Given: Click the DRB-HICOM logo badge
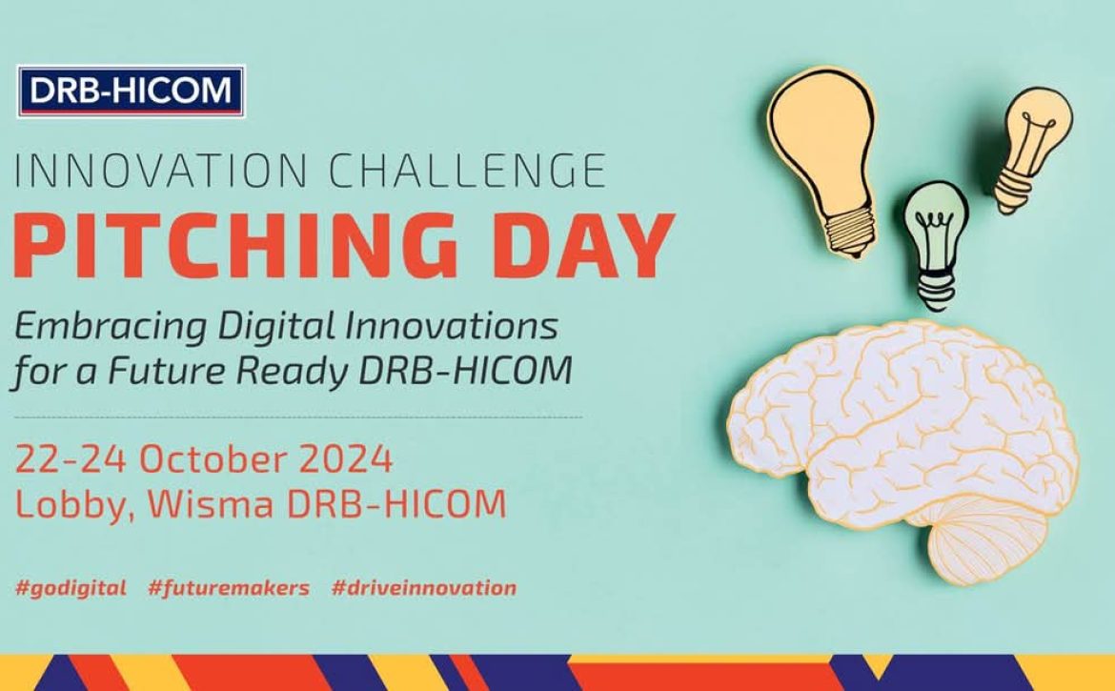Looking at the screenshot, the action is coord(131,91).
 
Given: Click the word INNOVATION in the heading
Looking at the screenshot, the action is coord(161,171).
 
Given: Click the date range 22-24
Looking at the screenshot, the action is coord(71,459).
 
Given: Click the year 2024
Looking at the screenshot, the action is coord(346,459).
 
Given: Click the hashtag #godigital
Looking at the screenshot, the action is coord(71,589).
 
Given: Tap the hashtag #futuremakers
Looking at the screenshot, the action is coord(229,588).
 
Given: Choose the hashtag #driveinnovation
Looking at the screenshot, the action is coord(424,588).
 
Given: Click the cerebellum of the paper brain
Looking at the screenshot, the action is coord(988,537).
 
